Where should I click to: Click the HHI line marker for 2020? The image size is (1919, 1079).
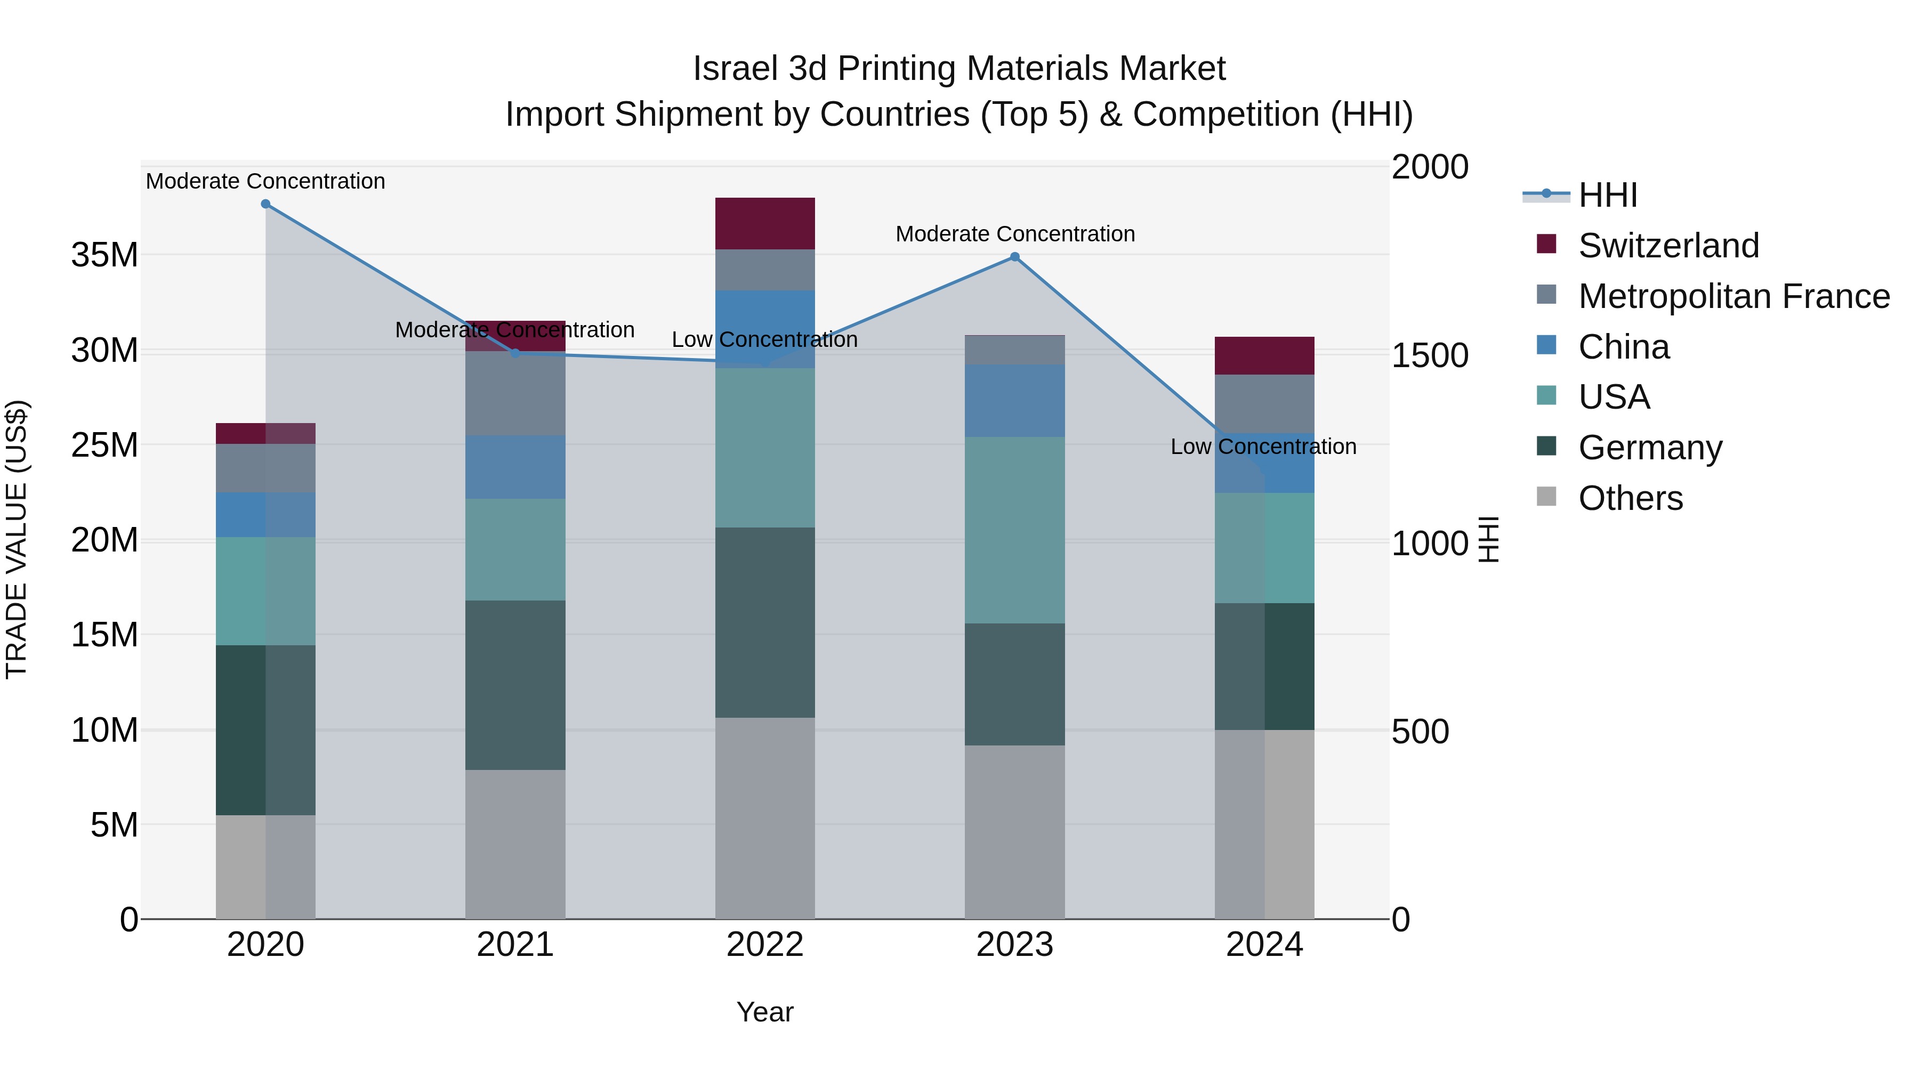coord(265,204)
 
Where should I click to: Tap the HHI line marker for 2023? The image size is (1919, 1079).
coord(1014,257)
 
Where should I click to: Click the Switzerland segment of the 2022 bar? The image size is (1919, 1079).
coord(765,223)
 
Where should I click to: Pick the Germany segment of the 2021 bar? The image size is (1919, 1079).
coord(515,685)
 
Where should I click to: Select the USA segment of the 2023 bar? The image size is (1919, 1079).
coord(1014,530)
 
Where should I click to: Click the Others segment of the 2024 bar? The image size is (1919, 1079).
coord(1264,824)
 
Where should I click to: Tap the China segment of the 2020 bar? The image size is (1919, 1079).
coord(265,515)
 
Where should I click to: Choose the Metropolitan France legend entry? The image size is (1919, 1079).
coord(1733,296)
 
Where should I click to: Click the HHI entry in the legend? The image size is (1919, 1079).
coord(1608,195)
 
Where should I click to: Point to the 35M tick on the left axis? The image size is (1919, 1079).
coord(104,255)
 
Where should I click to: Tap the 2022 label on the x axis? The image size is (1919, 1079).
coord(765,945)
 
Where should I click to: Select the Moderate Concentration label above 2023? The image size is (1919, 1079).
coord(1014,234)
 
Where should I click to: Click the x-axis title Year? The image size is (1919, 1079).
coord(765,1012)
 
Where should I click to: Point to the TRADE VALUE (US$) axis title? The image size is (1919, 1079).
coord(17,539)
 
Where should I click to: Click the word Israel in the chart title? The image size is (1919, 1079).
coord(736,69)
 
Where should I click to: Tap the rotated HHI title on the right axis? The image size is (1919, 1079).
coord(1488,539)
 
